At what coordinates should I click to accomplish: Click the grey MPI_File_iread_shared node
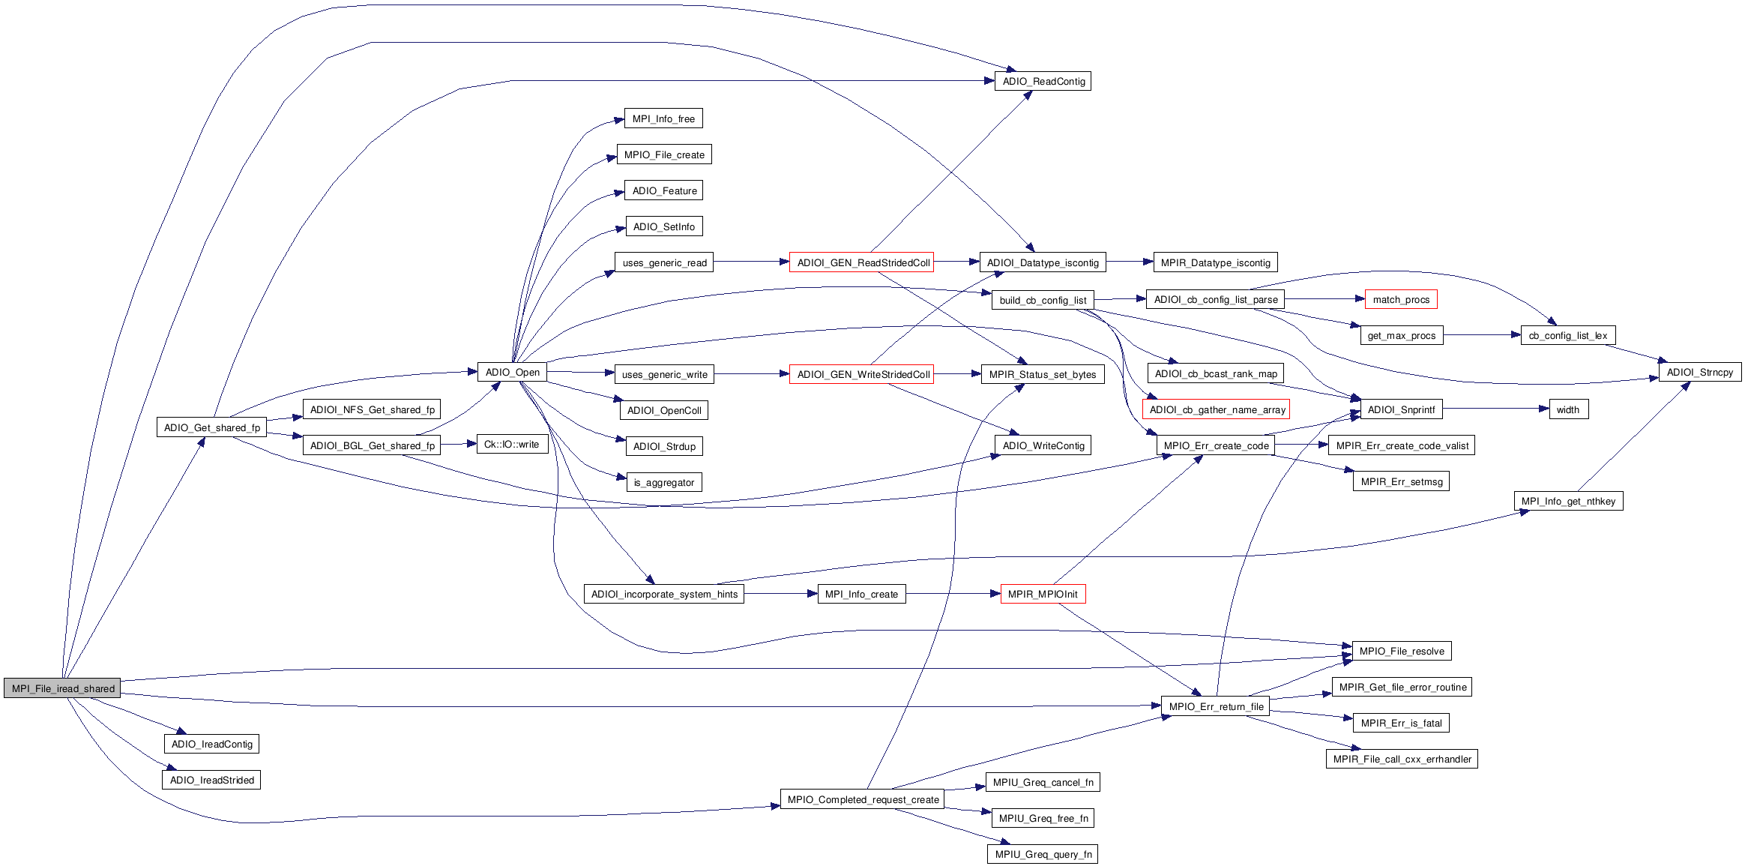(62, 688)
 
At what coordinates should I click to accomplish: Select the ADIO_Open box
(512, 373)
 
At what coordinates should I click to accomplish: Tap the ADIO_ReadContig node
(1043, 81)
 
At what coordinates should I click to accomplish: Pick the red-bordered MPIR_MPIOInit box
(1043, 594)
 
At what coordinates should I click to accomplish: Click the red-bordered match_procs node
(1400, 299)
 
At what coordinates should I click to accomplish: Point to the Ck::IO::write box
(512, 445)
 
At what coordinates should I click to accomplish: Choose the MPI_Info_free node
(663, 118)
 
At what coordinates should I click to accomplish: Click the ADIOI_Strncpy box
(1699, 372)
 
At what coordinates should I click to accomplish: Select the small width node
(1567, 409)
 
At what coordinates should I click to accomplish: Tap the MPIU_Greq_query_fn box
(1043, 854)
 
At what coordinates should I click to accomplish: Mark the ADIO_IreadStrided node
(211, 780)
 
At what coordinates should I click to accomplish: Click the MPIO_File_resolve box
(1401, 651)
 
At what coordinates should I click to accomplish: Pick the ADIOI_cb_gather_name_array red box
(1217, 409)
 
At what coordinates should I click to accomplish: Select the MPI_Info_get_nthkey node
(1568, 501)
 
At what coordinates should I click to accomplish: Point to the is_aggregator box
(663, 482)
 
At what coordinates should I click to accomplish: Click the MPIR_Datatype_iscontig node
(1215, 262)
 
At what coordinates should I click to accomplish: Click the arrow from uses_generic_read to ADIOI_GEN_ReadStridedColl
(750, 262)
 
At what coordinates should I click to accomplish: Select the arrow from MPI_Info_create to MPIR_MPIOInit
(952, 594)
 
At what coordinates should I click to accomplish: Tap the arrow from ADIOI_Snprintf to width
(1495, 409)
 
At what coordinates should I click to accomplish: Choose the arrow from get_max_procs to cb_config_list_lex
(1480, 335)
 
